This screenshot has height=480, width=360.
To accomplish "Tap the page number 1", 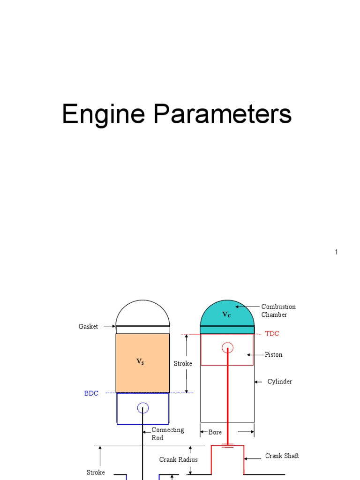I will tap(336, 252).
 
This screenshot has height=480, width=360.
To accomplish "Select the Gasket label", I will tap(88, 327).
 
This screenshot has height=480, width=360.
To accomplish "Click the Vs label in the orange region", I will tap(140, 361).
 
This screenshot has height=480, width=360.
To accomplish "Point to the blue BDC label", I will tap(91, 394).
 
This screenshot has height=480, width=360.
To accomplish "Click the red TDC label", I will tap(272, 334).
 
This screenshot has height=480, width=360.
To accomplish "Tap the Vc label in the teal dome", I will tap(226, 315).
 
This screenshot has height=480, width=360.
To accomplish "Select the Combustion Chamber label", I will tap(278, 311).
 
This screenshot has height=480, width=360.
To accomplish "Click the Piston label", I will tap(274, 355).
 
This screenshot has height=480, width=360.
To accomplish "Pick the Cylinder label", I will tap(279, 382).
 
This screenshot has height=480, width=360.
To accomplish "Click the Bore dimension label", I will tap(215, 432).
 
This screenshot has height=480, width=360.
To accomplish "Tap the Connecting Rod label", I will tap(167, 434).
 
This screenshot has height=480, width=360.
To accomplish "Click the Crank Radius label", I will tap(178, 460).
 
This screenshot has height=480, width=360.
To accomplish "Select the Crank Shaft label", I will tap(282, 456).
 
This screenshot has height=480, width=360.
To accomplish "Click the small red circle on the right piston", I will tap(228, 348).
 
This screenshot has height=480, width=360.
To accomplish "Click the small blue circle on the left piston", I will tap(143, 408).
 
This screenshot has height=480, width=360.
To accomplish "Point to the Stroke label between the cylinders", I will tap(183, 364).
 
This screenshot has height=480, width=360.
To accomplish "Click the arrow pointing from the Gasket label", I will tap(109, 327).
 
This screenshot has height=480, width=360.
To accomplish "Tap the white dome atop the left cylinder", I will tap(143, 313).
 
